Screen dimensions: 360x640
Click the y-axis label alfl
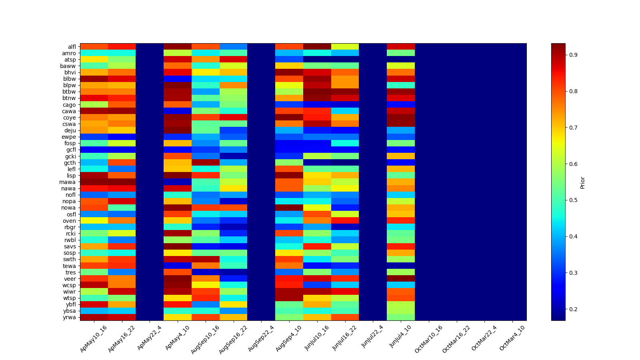[x=72, y=47]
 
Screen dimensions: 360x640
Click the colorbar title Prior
[x=582, y=182]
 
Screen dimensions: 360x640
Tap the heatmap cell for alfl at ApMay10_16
[x=94, y=47]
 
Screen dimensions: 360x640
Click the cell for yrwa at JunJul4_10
[x=401, y=318]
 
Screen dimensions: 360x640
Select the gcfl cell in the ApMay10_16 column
[x=94, y=150]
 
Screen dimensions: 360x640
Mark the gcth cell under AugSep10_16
[x=206, y=163]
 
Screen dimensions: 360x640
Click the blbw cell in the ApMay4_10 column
[x=178, y=79]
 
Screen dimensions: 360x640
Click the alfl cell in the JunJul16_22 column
[x=345, y=47]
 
